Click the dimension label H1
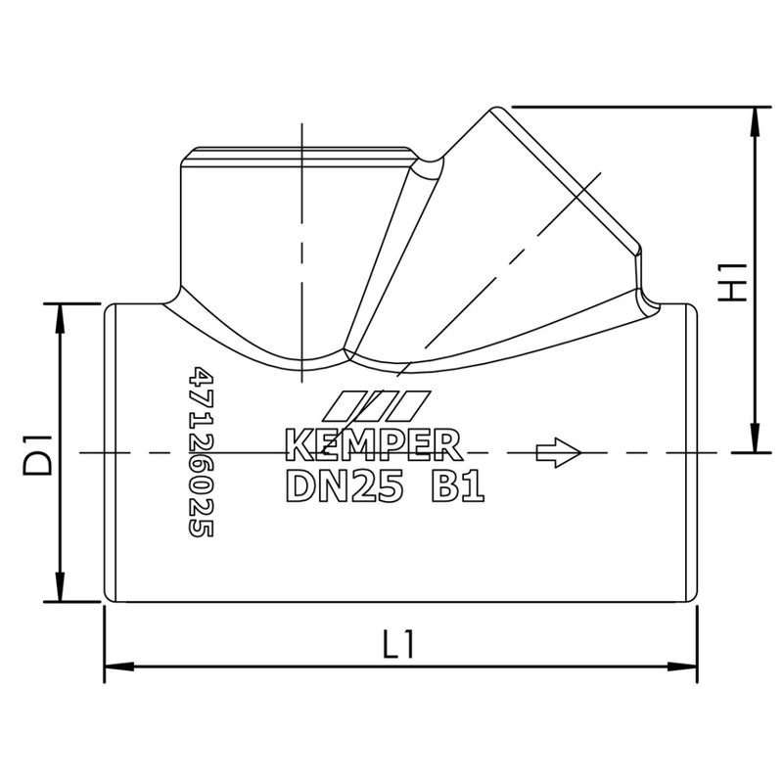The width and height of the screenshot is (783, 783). (x=733, y=281)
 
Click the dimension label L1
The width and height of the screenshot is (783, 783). (x=399, y=645)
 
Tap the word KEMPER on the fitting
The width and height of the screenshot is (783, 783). (x=374, y=444)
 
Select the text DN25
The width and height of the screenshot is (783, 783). (x=345, y=486)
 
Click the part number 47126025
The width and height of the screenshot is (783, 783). (x=201, y=452)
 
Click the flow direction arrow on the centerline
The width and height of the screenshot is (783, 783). (x=559, y=452)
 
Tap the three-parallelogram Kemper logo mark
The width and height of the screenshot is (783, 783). (x=376, y=404)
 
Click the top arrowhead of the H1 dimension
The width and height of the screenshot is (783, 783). (x=755, y=117)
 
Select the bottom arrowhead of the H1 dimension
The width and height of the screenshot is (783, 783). (x=755, y=441)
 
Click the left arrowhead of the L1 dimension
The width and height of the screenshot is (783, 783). (x=116, y=667)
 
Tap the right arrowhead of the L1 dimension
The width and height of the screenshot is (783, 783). (x=683, y=667)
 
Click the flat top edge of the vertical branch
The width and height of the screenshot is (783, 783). (x=299, y=149)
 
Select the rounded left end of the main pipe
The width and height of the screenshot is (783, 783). (x=108, y=453)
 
